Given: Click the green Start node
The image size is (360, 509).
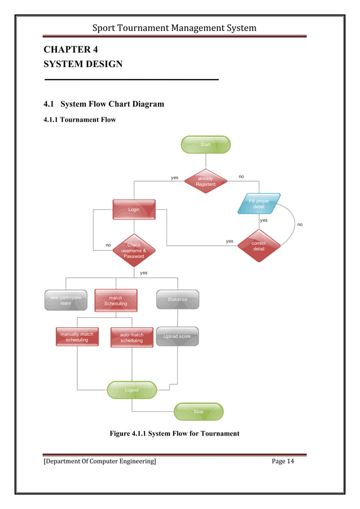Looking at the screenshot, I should click(x=205, y=144).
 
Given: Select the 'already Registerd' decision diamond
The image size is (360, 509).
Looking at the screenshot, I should click(x=205, y=181).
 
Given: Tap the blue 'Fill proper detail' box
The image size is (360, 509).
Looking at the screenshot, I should click(x=258, y=204).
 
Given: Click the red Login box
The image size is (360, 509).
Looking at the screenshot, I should click(x=134, y=209).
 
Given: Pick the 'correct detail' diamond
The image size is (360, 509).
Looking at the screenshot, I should click(x=258, y=246).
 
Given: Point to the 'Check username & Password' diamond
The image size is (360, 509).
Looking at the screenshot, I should click(x=134, y=251).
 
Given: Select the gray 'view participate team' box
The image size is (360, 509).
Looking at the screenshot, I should click(x=66, y=300).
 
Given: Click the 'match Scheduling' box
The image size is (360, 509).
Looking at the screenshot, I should click(x=116, y=300).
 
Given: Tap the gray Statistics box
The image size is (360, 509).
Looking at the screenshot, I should click(x=177, y=300).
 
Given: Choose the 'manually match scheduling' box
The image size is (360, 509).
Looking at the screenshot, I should click(x=77, y=337).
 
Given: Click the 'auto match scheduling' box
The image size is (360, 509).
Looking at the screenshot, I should click(x=131, y=337).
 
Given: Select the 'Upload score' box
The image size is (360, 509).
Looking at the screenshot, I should click(x=177, y=336).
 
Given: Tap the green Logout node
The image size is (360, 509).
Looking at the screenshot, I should click(x=131, y=390).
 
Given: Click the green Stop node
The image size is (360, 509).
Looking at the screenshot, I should click(x=199, y=411).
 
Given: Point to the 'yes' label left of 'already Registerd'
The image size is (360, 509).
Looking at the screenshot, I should click(x=174, y=178).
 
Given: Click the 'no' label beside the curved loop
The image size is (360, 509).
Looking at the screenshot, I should click(x=300, y=224).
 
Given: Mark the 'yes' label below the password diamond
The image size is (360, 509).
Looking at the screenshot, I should click(x=144, y=273).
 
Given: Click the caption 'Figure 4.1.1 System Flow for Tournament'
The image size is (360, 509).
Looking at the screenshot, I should click(x=174, y=433).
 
